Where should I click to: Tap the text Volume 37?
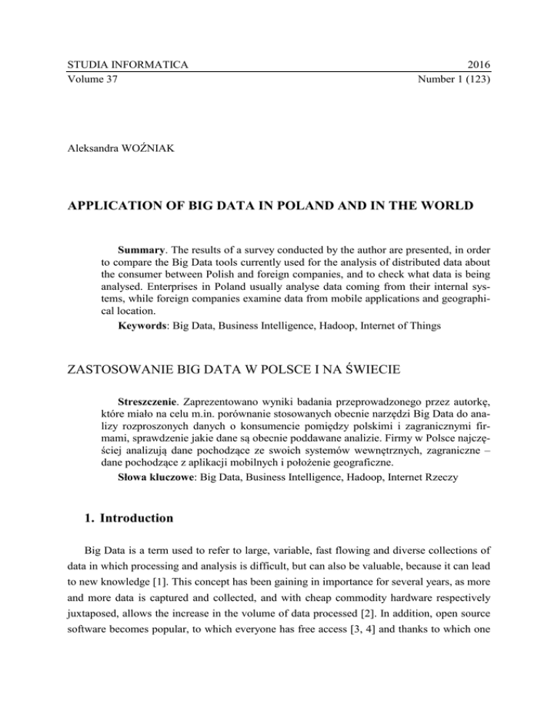(81, 80)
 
